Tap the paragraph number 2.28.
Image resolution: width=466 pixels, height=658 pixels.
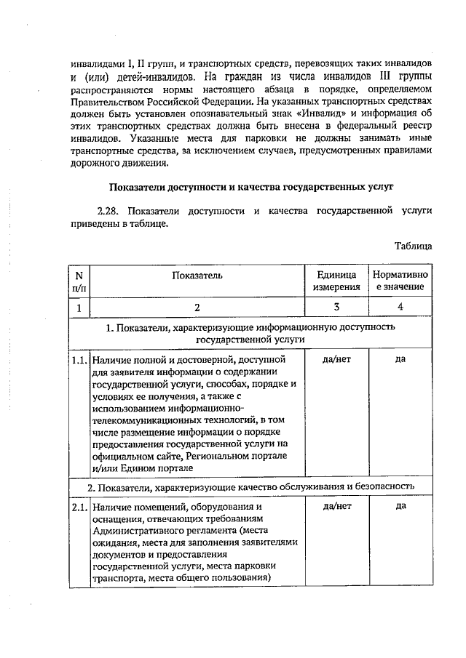111,210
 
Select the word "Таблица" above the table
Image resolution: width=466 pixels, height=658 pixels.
413,246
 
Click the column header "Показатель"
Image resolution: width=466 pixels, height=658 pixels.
193,275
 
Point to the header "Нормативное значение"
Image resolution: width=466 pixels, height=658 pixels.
400,281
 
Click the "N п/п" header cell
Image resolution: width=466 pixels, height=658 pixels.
79,281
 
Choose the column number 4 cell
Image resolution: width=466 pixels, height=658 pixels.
400,308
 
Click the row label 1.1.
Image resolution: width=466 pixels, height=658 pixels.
79,360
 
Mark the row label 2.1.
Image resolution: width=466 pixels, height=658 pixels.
79,507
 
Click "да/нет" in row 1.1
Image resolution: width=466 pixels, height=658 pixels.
336,359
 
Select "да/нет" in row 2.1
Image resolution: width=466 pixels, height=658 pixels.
336,506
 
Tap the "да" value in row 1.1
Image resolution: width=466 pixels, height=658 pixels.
400,359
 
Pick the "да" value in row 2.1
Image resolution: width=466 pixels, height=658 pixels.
400,506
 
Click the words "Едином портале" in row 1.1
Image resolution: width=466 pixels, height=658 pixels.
162,467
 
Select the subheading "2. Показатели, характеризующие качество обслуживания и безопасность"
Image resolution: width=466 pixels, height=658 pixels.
250,485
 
